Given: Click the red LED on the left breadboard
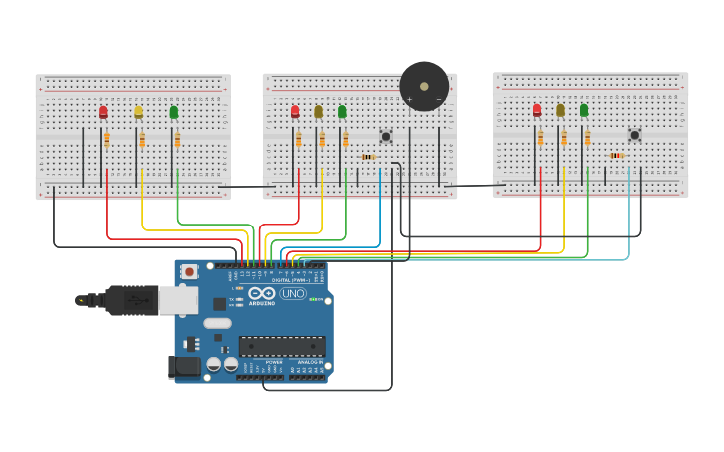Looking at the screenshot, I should [x=103, y=112].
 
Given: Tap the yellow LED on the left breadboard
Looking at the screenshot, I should [x=138, y=112].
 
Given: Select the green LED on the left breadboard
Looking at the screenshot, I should [x=174, y=112].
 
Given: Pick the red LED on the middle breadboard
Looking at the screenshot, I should [x=295, y=111].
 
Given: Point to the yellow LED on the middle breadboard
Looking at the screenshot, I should [x=319, y=111].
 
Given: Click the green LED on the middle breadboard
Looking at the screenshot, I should [x=342, y=111].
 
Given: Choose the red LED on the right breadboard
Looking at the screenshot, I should [x=537, y=110].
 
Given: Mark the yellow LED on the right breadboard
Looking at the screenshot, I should [x=560, y=110].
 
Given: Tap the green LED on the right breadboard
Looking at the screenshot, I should [x=584, y=110].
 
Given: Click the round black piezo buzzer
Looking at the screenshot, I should [x=424, y=86].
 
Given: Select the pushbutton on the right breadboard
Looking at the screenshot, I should [x=634, y=135].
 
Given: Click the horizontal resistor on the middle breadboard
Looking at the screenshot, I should [x=368, y=157].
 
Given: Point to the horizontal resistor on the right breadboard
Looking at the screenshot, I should [x=616, y=156].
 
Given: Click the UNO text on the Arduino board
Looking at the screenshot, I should [x=293, y=293].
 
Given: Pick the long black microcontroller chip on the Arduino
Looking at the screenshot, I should [x=282, y=346].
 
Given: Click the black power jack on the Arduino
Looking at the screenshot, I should [x=185, y=367].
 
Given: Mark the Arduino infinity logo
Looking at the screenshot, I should [x=261, y=293].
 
